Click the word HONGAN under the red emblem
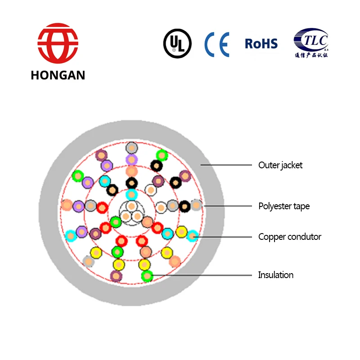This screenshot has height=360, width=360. [x=58, y=75]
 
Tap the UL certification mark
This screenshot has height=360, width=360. [x=177, y=43]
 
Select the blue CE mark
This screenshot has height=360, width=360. [x=217, y=44]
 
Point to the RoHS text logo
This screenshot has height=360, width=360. [x=261, y=44]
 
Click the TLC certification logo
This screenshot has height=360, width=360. [x=311, y=40]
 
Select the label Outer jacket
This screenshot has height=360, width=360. [x=280, y=165]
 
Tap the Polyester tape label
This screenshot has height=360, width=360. [x=284, y=207]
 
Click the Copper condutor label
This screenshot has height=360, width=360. [x=289, y=237]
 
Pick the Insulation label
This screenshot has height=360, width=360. [x=275, y=275]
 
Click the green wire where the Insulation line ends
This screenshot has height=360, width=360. [x=147, y=275]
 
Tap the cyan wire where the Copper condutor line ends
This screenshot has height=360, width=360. [x=192, y=235]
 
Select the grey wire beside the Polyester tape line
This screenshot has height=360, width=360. [x=196, y=205]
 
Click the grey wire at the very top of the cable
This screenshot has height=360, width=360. [x=131, y=148]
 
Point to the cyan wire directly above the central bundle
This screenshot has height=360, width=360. [x=131, y=195]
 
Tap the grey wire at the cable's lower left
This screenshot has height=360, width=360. [x=89, y=261]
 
